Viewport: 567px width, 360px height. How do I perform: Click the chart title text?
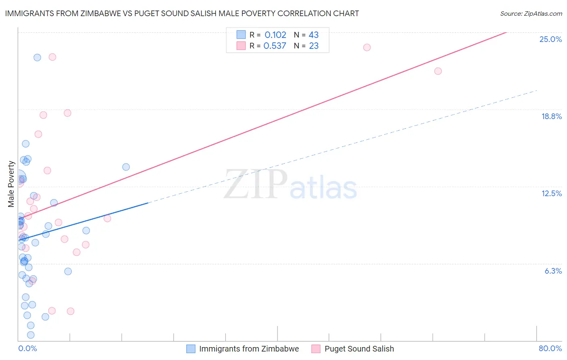point(182,13)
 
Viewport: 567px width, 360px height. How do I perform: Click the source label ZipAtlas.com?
point(531,14)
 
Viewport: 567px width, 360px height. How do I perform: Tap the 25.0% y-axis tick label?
point(550,39)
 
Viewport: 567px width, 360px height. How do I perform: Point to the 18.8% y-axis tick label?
point(551,116)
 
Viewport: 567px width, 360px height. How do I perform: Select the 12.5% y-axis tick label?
point(551,193)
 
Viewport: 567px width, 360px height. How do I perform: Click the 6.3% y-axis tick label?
point(553,271)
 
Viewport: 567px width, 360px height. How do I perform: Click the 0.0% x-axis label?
point(27,348)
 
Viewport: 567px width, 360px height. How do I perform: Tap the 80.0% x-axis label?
point(550,348)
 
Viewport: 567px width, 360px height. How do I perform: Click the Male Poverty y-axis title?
point(11,184)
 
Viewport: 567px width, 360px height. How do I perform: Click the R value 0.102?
point(275,35)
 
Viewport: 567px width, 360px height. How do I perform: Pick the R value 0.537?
point(275,46)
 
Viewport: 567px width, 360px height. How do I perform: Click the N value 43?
point(313,35)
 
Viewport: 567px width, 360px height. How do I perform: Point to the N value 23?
point(314,46)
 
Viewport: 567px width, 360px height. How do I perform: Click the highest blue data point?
point(37,57)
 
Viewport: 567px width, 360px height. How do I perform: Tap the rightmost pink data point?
point(438,71)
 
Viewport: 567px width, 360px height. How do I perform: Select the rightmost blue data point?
point(126,167)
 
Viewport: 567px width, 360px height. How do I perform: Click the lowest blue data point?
point(31,335)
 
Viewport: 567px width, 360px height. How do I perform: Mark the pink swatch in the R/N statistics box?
point(241,46)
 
